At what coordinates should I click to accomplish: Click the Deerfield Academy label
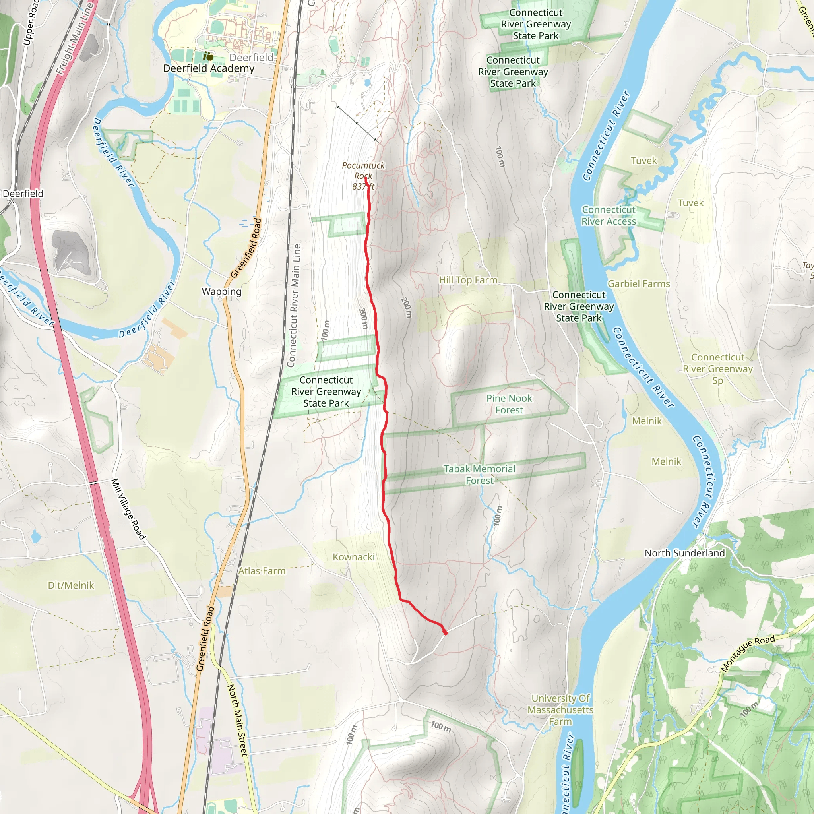[x=209, y=68]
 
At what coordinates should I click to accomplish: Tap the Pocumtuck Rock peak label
[x=363, y=175]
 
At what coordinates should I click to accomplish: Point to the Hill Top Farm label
[x=468, y=280]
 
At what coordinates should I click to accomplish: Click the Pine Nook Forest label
[x=509, y=404]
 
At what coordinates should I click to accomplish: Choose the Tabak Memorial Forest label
[x=479, y=475]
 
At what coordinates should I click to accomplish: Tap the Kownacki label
[x=353, y=556]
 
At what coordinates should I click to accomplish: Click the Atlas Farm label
[x=262, y=570]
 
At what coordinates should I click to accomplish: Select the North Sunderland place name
[x=685, y=553]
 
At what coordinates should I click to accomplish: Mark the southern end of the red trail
[x=445, y=632]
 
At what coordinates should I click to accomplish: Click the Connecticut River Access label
[x=609, y=215]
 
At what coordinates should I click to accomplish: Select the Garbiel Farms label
[x=638, y=283]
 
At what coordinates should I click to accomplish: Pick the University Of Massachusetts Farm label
[x=560, y=709]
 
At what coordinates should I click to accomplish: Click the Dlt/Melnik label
[x=71, y=585]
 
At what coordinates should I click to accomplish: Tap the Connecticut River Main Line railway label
[x=294, y=306]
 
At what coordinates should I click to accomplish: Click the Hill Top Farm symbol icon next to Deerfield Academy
[x=208, y=56]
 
